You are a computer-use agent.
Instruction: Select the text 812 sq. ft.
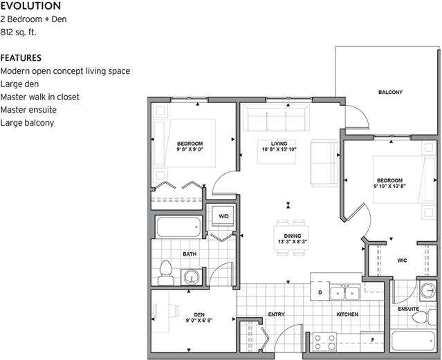pos(19,31)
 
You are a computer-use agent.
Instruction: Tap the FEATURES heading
pos(21,58)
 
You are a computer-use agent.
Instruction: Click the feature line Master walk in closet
pos(40,97)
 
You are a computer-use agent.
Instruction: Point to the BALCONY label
pos(390,92)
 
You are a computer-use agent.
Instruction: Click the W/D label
pos(223,216)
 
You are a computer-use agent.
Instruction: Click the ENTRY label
pos(276,314)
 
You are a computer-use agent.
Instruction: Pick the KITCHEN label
pos(347,314)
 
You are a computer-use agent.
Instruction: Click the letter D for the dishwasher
pos(320,293)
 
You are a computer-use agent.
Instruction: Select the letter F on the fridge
pos(371,340)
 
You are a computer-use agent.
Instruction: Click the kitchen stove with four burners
pos(324,341)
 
